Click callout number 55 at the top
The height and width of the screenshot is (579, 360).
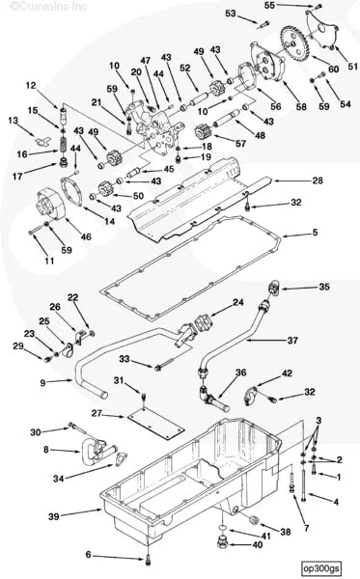pos(269,6)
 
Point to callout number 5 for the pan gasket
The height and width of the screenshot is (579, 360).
pos(314,233)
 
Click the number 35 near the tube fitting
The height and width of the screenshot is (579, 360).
pos(324,287)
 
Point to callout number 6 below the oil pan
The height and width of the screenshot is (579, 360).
pos(90,555)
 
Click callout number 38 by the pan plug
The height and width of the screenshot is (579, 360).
pos(285,531)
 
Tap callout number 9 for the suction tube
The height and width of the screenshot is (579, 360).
pos(42,382)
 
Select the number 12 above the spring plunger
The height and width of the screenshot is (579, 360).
pos(31,85)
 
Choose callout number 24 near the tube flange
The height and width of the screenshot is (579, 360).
pos(237,302)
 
